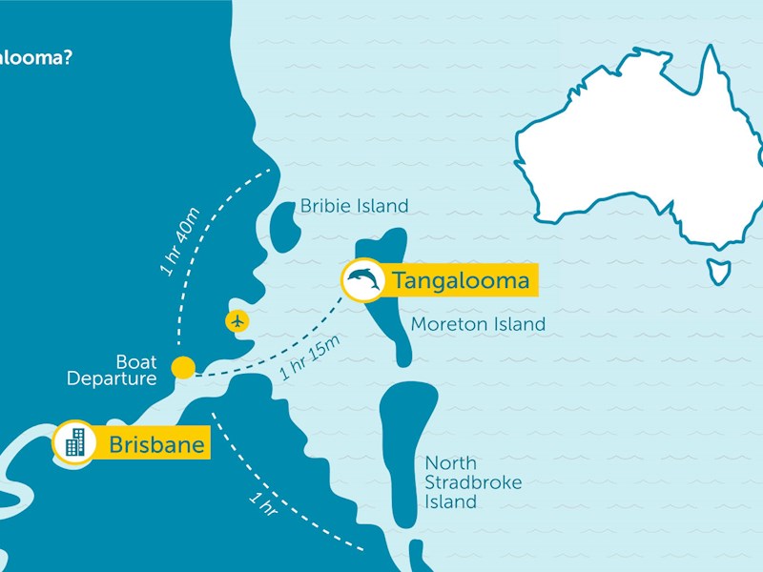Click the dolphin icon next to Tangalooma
point(363,280)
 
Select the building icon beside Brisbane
point(74,442)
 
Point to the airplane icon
point(237,320)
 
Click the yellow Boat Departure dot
point(183,367)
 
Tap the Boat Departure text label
point(113,371)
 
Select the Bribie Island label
point(354,206)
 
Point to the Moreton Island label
point(478,325)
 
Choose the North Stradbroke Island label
point(473,482)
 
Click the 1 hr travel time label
point(262,503)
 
